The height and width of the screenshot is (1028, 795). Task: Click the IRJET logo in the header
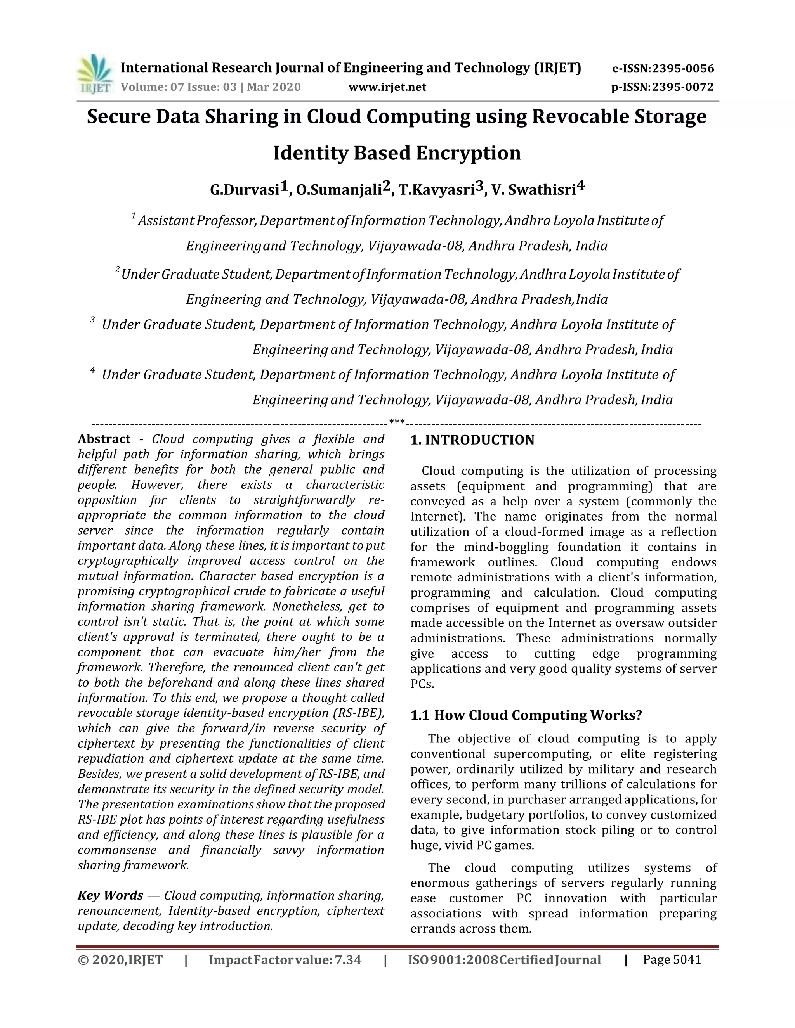click(95, 74)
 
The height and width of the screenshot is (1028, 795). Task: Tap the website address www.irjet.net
click(387, 87)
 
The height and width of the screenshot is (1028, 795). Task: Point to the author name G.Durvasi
click(245, 190)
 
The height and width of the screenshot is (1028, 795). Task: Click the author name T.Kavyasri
click(436, 190)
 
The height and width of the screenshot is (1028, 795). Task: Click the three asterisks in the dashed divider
click(397, 422)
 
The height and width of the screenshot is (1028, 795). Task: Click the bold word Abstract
click(104, 439)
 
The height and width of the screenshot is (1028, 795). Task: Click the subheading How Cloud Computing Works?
click(538, 715)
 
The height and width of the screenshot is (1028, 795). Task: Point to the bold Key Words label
click(110, 895)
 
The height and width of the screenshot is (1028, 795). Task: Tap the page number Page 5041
click(672, 959)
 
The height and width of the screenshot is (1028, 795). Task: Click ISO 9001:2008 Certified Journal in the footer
click(504, 960)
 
